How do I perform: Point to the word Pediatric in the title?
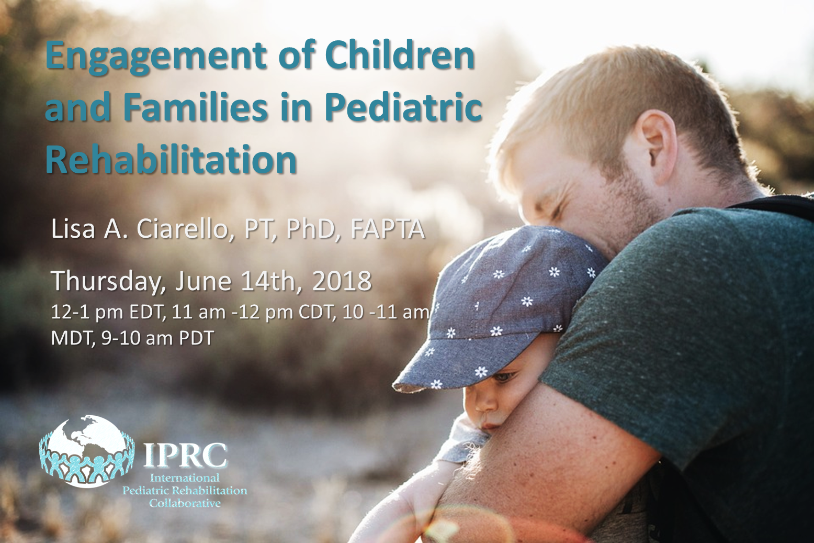coord(403,108)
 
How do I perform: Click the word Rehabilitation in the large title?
coord(171,159)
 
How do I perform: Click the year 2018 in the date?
coord(342,281)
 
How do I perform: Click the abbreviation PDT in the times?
coord(196,338)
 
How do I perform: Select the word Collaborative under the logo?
coord(185,503)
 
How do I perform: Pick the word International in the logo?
coord(185,477)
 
